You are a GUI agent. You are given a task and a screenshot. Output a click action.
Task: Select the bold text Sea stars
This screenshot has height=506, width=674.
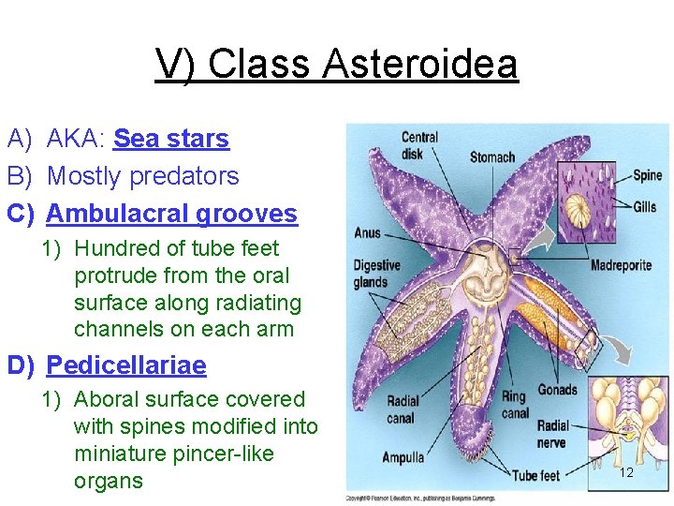coord(170,139)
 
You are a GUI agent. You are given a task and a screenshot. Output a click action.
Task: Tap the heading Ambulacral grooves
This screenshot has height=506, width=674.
coord(171,214)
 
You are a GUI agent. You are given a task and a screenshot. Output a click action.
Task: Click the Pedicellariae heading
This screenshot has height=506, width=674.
coord(126,365)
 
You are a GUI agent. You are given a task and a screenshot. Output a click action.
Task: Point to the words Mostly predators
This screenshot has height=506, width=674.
coord(142,176)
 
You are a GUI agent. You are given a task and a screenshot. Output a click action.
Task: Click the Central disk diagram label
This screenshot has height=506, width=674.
coord(418,145)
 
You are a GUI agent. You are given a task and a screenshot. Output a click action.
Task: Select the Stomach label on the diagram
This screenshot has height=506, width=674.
coord(491,157)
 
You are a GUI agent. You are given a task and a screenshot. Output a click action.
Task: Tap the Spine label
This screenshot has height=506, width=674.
coord(647,175)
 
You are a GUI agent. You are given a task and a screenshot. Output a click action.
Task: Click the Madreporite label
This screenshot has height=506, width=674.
coord(621,265)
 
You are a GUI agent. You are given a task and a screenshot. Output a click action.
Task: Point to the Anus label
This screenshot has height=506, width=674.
coord(367,232)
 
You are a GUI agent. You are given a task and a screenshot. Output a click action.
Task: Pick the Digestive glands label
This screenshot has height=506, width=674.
coord(375,275)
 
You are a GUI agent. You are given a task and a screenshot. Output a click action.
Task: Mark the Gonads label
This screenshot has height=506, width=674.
coord(558,390)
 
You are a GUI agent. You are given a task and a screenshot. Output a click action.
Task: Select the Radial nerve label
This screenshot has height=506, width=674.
coord(552,435)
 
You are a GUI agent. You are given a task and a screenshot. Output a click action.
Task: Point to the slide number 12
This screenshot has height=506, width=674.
coord(626,472)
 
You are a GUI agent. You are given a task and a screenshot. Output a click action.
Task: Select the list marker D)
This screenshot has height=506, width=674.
coord(22,365)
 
